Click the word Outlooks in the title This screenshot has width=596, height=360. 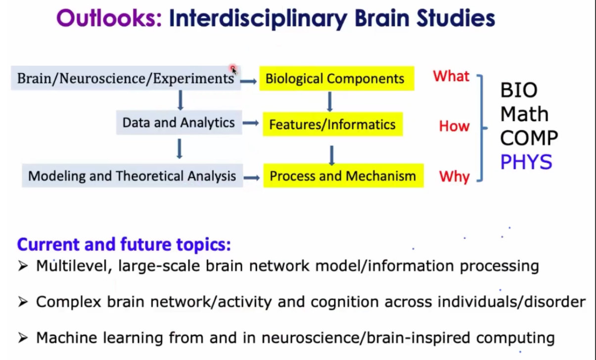click(x=109, y=18)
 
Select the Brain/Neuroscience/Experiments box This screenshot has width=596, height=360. click(x=126, y=78)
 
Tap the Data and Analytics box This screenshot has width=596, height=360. click(x=179, y=123)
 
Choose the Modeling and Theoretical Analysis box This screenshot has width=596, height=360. click(x=132, y=176)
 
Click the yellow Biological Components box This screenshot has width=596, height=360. click(x=337, y=79)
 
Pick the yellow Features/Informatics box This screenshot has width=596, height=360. click(x=333, y=124)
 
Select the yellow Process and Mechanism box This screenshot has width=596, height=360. click(x=343, y=176)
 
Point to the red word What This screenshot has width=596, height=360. click(x=451, y=76)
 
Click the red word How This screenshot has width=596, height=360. click(x=454, y=126)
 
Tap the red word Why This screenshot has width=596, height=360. click(x=455, y=177)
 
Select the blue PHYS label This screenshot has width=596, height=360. click(x=526, y=162)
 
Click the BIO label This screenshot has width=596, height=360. click(x=519, y=90)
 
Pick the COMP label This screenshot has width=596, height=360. click(x=529, y=138)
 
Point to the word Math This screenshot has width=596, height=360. click(x=524, y=114)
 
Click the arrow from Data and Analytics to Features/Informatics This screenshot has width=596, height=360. click(x=251, y=123)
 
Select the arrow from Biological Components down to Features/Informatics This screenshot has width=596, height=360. click(x=330, y=102)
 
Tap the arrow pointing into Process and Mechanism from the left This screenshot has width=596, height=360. click(x=252, y=178)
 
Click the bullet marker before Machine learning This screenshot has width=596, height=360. click(x=23, y=338)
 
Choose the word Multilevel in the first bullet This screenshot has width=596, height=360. click(x=72, y=266)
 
